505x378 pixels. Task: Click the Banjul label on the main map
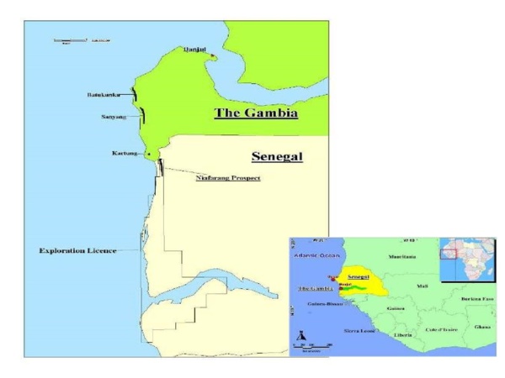[x=194, y=50]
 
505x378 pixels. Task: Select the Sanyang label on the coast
[x=114, y=117]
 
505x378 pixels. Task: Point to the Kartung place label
[x=125, y=154]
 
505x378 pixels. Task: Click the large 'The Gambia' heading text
[x=257, y=113]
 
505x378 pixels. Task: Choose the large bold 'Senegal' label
[x=277, y=156]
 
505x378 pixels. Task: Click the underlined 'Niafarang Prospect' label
[x=227, y=178]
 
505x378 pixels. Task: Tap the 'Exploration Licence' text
[x=77, y=250]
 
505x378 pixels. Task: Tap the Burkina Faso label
[x=476, y=299]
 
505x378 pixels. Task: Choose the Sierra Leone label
[x=361, y=331]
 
